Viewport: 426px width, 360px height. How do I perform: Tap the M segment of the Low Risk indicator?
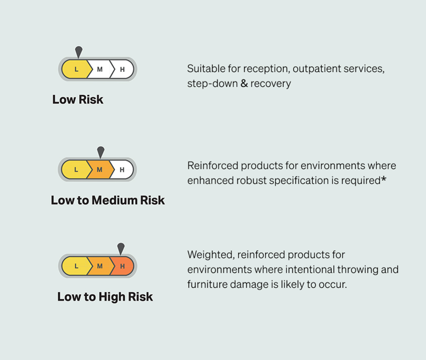(100, 69)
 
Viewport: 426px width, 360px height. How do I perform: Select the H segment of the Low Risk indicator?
(122, 69)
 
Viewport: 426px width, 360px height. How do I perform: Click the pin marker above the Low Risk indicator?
(79, 52)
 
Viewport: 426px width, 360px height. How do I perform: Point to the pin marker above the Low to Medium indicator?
(101, 152)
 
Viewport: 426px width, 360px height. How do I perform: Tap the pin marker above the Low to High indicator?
(121, 248)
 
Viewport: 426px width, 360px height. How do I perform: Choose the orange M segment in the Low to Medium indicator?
(99, 170)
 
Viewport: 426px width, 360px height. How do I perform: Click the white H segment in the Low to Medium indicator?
(122, 170)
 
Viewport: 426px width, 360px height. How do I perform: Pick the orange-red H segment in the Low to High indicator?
(122, 266)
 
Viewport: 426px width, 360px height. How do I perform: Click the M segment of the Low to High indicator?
(99, 266)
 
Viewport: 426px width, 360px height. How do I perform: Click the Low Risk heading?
(78, 99)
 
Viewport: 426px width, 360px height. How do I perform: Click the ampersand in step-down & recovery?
(244, 83)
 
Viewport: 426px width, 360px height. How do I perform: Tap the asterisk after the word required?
(383, 179)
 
